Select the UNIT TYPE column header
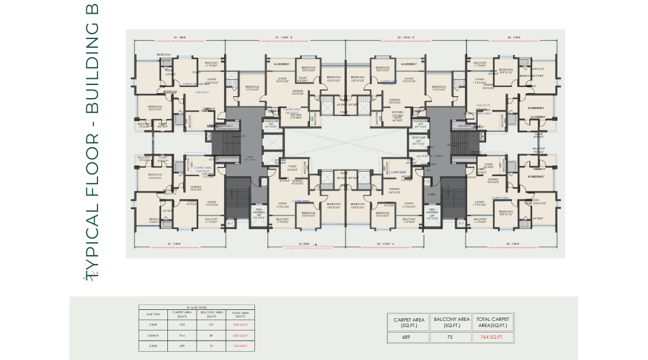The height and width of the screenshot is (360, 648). click(154, 315)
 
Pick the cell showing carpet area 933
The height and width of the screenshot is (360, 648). click(182, 326)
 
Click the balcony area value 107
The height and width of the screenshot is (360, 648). click(211, 326)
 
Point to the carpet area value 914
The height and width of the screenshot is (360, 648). click(182, 336)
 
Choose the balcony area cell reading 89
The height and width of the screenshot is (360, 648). click(211, 336)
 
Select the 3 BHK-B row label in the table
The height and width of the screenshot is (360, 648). click(154, 336)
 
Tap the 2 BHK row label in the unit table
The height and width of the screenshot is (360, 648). click(154, 346)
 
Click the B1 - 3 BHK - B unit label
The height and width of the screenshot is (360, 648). click(284, 37)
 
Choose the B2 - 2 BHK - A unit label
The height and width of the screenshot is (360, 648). click(388, 243)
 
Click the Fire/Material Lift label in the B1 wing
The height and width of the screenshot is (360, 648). click(259, 215)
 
